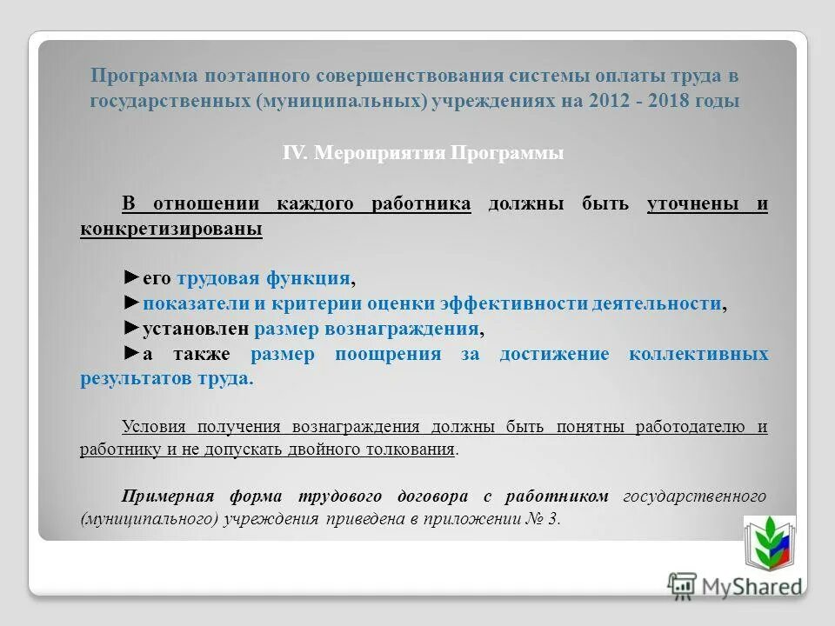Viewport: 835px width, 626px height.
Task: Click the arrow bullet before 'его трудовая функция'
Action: point(130,277)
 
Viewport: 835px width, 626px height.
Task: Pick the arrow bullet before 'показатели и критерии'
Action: point(130,303)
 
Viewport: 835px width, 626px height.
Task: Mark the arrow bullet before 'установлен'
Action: point(130,329)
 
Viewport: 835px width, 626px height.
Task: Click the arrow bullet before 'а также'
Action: point(130,354)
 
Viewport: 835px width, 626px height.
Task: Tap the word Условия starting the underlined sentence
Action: point(153,426)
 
